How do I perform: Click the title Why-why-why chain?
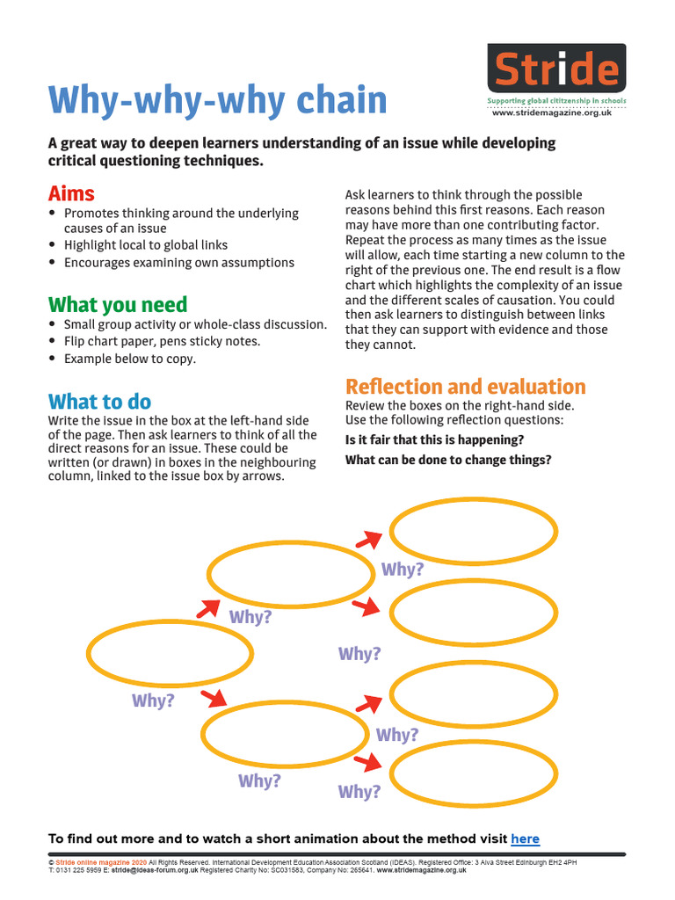tap(217, 100)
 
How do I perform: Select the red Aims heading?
tap(71, 193)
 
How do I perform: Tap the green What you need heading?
tap(118, 305)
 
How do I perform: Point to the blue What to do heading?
tap(99, 402)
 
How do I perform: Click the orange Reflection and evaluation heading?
tap(465, 387)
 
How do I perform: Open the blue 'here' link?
tap(525, 838)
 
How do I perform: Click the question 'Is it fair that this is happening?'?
tap(434, 439)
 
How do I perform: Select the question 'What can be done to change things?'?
tap(448, 460)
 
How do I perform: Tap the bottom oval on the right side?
tap(473, 775)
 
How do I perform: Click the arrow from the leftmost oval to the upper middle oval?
tap(207, 607)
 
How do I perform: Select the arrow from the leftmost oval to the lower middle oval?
tap(213, 700)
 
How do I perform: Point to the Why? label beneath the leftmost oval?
tap(153, 701)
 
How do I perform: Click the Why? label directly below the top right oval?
tap(403, 570)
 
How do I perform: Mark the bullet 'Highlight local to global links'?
tap(146, 245)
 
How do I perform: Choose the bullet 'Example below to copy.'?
tap(130, 359)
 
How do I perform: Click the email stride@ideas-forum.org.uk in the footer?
tap(153, 869)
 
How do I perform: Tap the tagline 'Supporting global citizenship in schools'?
tap(556, 102)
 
